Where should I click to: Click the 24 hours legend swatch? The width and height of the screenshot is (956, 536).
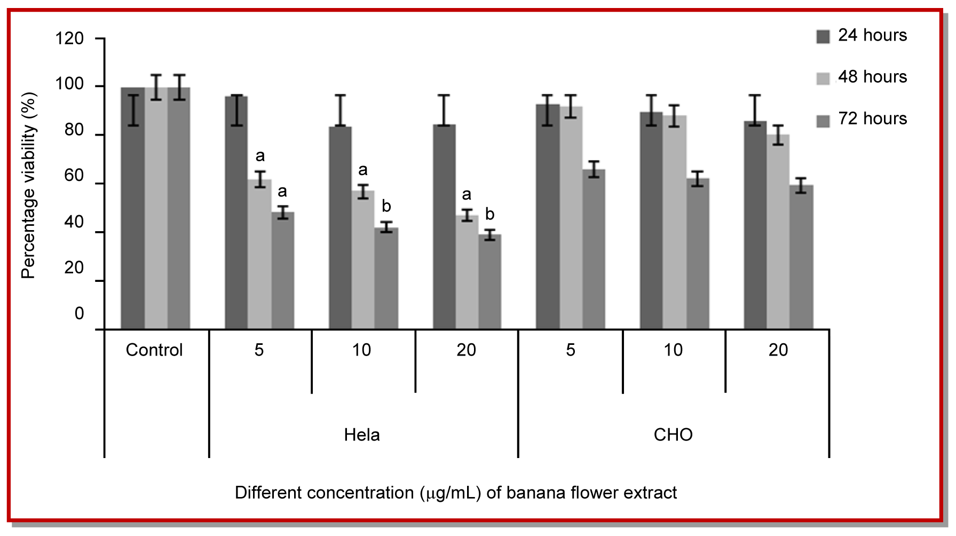tap(823, 37)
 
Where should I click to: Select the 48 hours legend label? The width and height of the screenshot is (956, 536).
tap(872, 77)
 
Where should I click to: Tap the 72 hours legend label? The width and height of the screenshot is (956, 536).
tap(872, 119)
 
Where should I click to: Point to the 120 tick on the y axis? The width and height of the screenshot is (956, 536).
tap(70, 38)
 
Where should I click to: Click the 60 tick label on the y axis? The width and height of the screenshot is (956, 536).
tap(74, 176)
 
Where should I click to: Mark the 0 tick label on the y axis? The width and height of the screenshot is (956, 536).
tap(79, 313)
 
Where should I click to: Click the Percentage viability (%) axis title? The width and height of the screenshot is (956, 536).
tap(28, 185)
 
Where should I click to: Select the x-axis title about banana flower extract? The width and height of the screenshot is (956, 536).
tap(455, 492)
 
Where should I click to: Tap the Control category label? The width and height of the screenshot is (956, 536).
tap(154, 350)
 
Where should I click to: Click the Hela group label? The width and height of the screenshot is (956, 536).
tap(362, 435)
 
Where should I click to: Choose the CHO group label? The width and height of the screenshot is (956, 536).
tap(673, 435)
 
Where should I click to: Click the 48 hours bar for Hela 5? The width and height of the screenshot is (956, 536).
tap(259, 256)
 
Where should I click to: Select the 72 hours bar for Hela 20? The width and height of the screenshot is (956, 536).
tap(490, 283)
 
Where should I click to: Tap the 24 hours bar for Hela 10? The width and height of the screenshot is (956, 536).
tap(340, 230)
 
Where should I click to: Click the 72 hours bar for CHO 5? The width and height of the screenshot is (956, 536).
tap(594, 251)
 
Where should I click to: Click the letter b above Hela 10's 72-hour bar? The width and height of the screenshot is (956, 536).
tap(386, 206)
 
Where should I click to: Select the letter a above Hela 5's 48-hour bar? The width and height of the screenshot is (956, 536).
tap(260, 156)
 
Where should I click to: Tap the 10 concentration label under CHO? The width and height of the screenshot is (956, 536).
tap(673, 350)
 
